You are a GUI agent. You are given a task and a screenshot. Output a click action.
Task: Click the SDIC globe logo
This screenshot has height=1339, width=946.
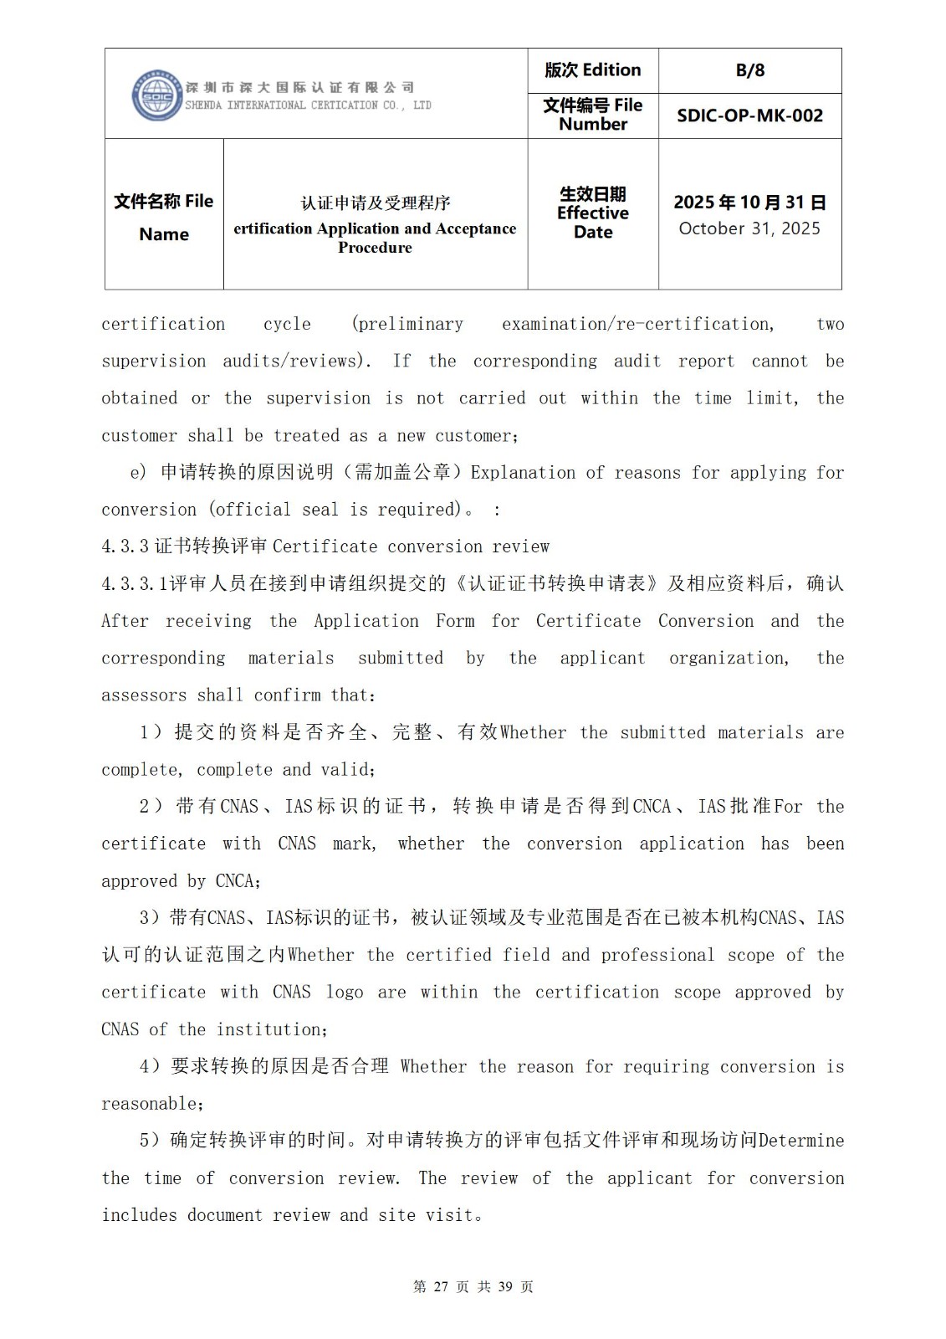156,95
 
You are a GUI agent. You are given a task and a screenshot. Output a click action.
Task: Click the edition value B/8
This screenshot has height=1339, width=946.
749,70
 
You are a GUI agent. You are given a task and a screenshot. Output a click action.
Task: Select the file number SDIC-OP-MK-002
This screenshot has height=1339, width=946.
749,115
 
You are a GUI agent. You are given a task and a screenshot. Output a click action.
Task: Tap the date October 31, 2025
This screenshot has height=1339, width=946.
749,228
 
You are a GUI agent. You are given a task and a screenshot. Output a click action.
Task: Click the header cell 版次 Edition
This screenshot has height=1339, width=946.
592,70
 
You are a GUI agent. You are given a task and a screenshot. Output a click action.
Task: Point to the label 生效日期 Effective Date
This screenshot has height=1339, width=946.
592,213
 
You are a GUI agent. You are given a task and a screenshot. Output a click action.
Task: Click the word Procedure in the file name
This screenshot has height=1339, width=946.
375,248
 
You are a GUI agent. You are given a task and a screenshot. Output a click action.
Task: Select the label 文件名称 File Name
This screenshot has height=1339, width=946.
164,217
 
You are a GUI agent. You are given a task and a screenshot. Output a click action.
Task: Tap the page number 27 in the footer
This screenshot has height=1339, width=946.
442,1286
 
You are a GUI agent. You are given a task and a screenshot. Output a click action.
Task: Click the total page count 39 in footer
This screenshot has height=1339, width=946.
505,1286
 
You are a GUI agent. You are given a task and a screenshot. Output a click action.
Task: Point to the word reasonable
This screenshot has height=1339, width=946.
149,1104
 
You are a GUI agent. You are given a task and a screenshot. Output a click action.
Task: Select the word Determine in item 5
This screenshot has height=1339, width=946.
801,1141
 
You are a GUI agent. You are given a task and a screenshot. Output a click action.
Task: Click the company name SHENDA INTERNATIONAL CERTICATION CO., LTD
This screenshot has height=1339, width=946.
308,105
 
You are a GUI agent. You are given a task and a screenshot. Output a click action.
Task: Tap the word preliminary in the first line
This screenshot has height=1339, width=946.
407,324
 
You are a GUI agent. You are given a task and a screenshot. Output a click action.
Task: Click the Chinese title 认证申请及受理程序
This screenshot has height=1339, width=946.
375,203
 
